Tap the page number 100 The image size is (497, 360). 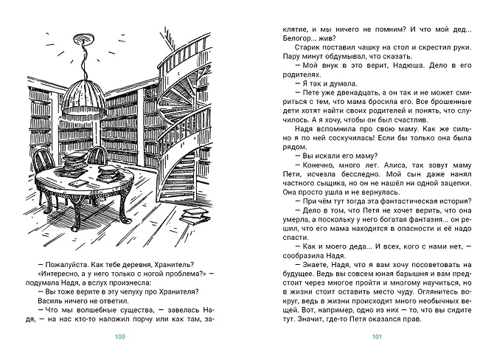pos(122,339)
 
